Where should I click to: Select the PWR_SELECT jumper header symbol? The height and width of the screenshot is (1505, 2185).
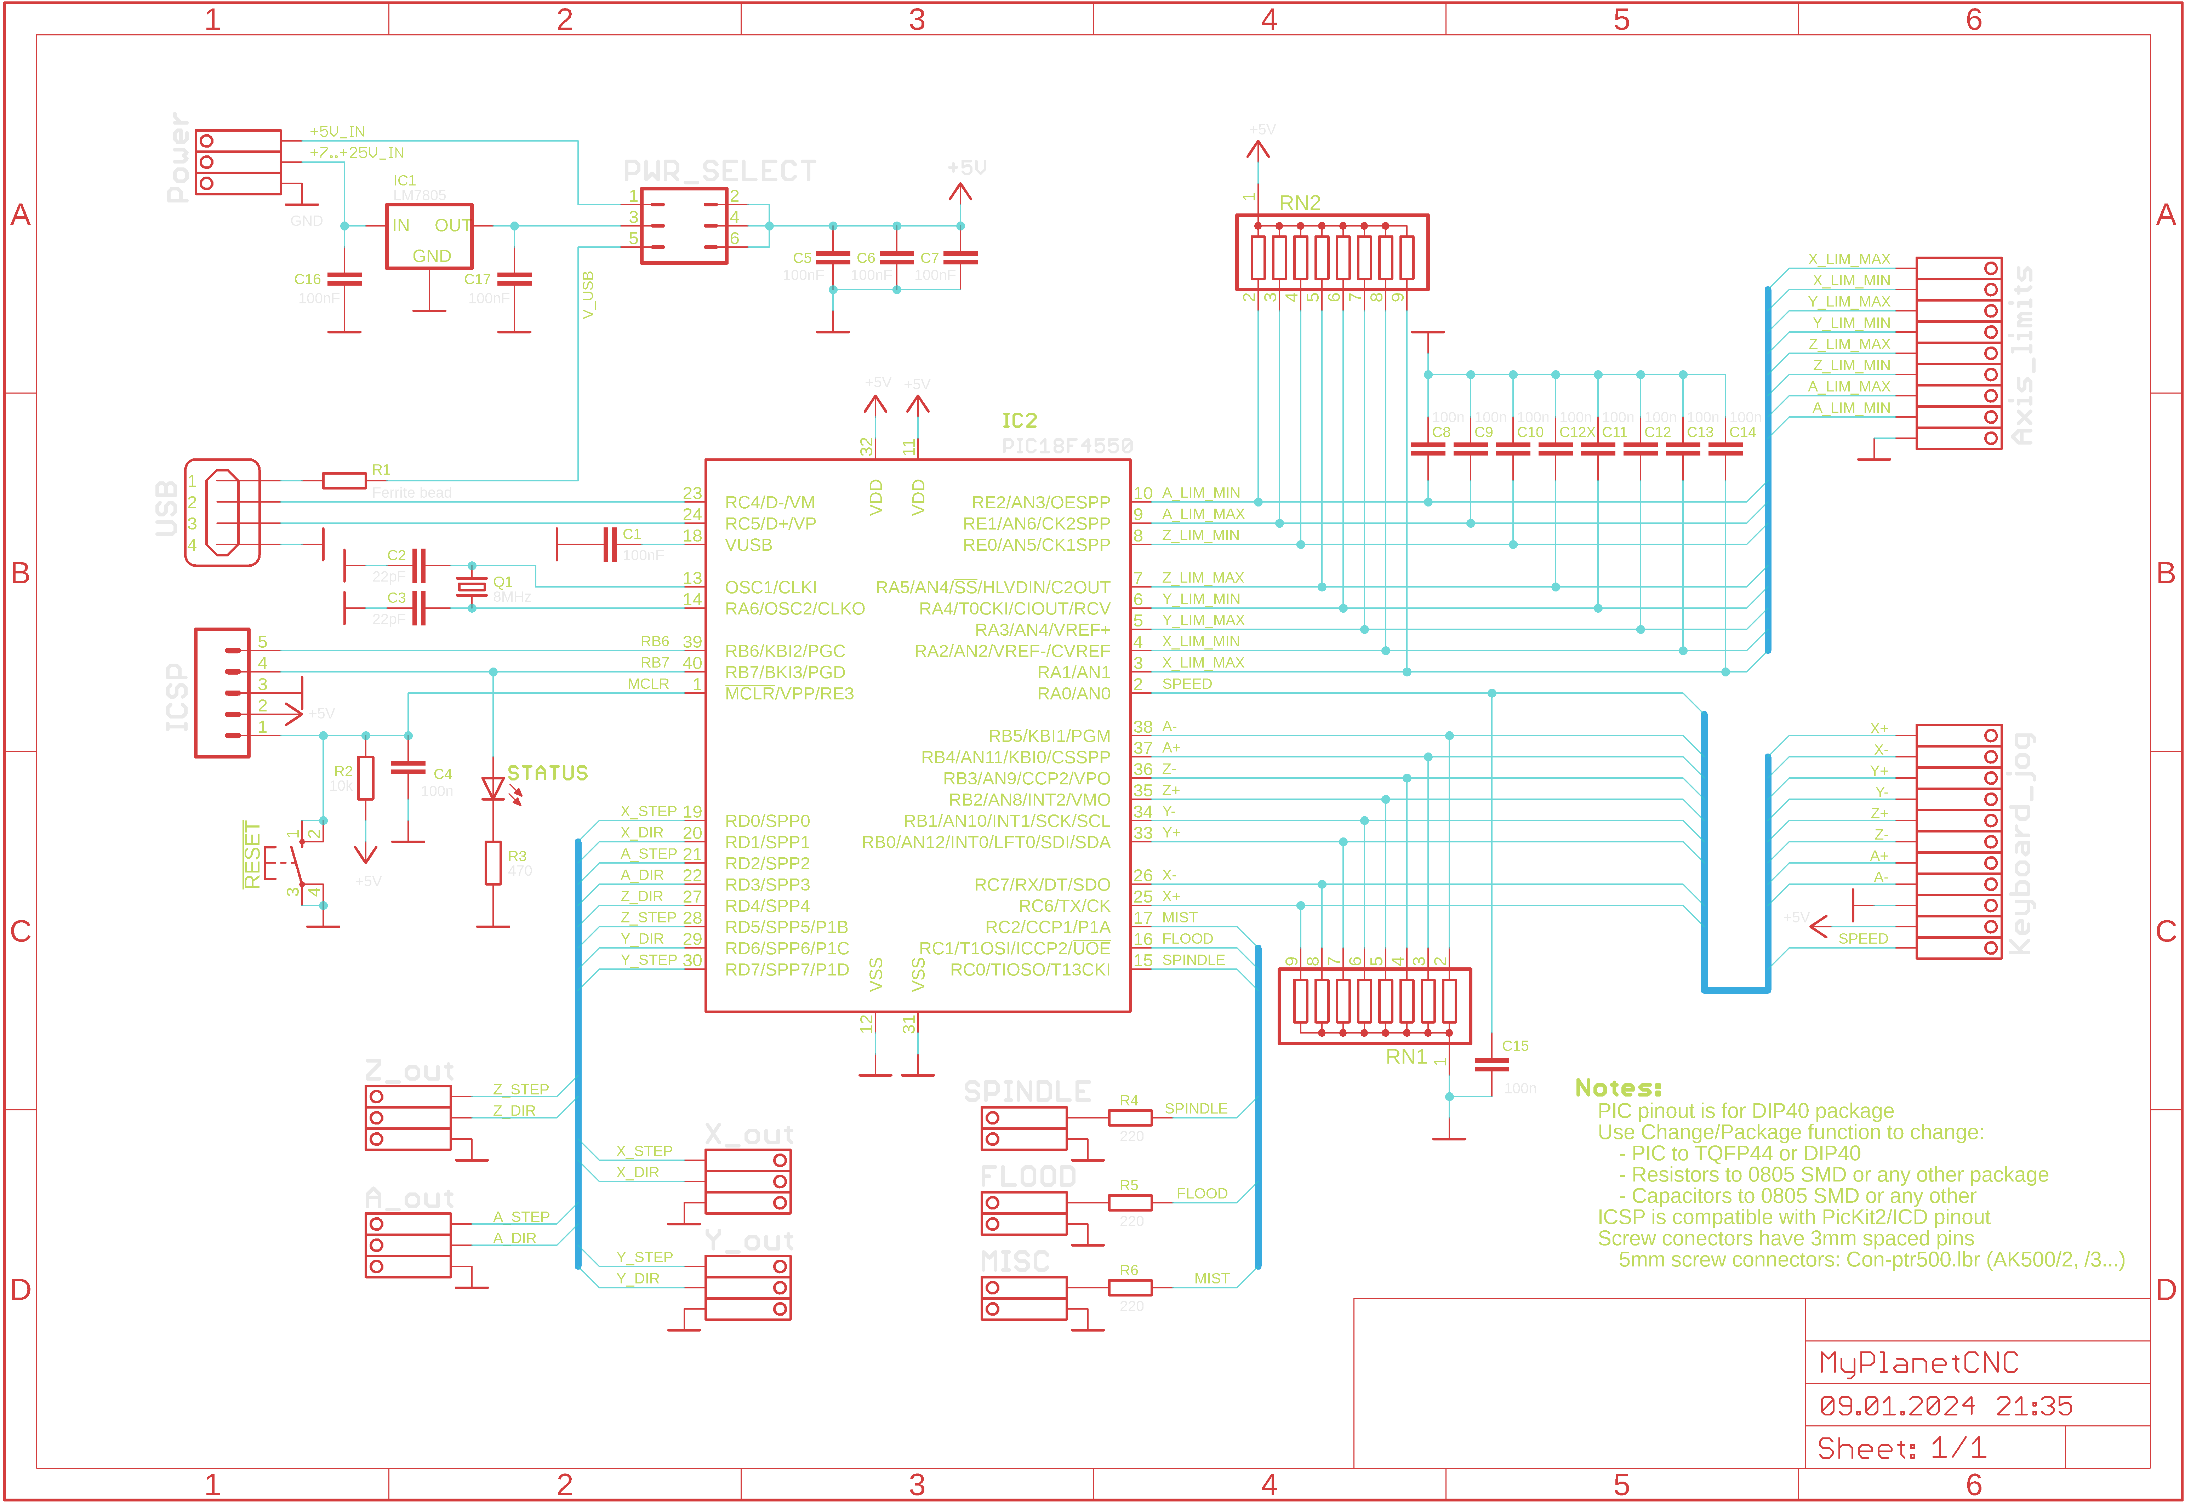(684, 225)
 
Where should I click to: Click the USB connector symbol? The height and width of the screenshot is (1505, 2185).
(223, 512)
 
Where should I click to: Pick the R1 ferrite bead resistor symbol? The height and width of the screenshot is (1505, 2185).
(344, 481)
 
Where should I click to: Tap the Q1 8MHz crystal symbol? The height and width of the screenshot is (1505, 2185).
(472, 586)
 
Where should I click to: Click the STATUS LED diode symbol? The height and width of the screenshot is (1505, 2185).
(492, 788)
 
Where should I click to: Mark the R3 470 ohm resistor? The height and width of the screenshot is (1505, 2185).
(492, 863)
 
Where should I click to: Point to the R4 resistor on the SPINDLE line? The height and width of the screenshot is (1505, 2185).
(1130, 1117)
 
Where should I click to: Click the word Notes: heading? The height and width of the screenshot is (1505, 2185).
(1618, 1088)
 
